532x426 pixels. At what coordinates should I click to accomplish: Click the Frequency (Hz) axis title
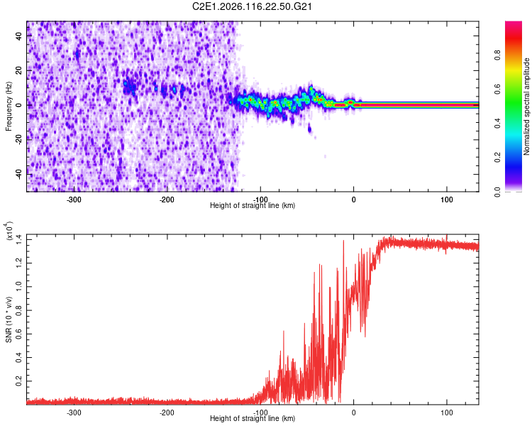9,106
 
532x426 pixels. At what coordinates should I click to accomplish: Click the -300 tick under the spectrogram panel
74,200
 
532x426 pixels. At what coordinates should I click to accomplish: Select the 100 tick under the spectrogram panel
447,200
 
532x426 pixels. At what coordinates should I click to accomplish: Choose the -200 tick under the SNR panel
167,412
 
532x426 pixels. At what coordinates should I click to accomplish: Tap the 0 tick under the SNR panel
354,412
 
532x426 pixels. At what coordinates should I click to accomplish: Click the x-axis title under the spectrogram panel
253,206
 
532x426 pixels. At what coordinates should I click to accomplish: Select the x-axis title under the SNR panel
253,419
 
